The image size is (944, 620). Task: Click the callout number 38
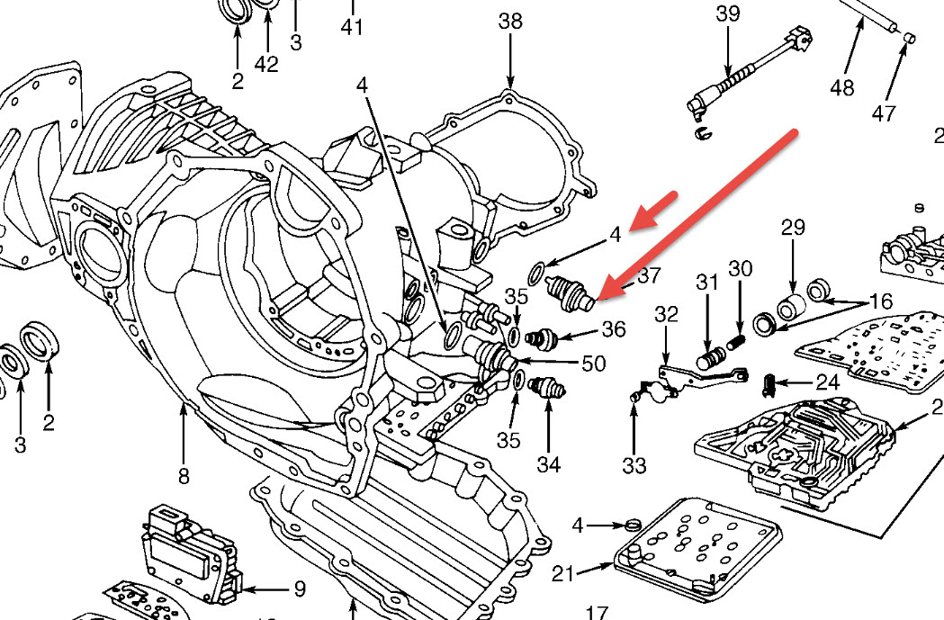pos(510,22)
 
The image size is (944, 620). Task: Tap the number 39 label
pos(728,13)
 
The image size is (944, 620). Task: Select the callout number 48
pos(841,87)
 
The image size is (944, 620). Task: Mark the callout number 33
pos(634,465)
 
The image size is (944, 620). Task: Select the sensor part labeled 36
pos(544,338)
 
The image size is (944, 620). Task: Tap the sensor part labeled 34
pos(547,387)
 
